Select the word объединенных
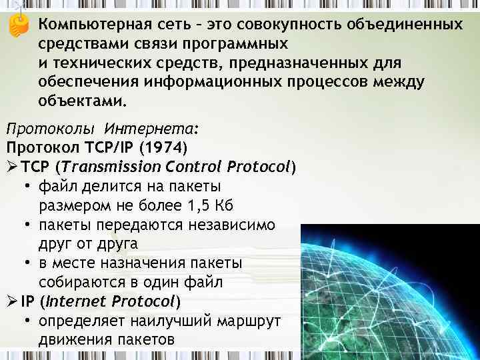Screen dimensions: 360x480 [x=405, y=25]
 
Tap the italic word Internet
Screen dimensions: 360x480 [x=71, y=302]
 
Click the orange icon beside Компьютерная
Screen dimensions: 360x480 [x=20, y=25]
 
